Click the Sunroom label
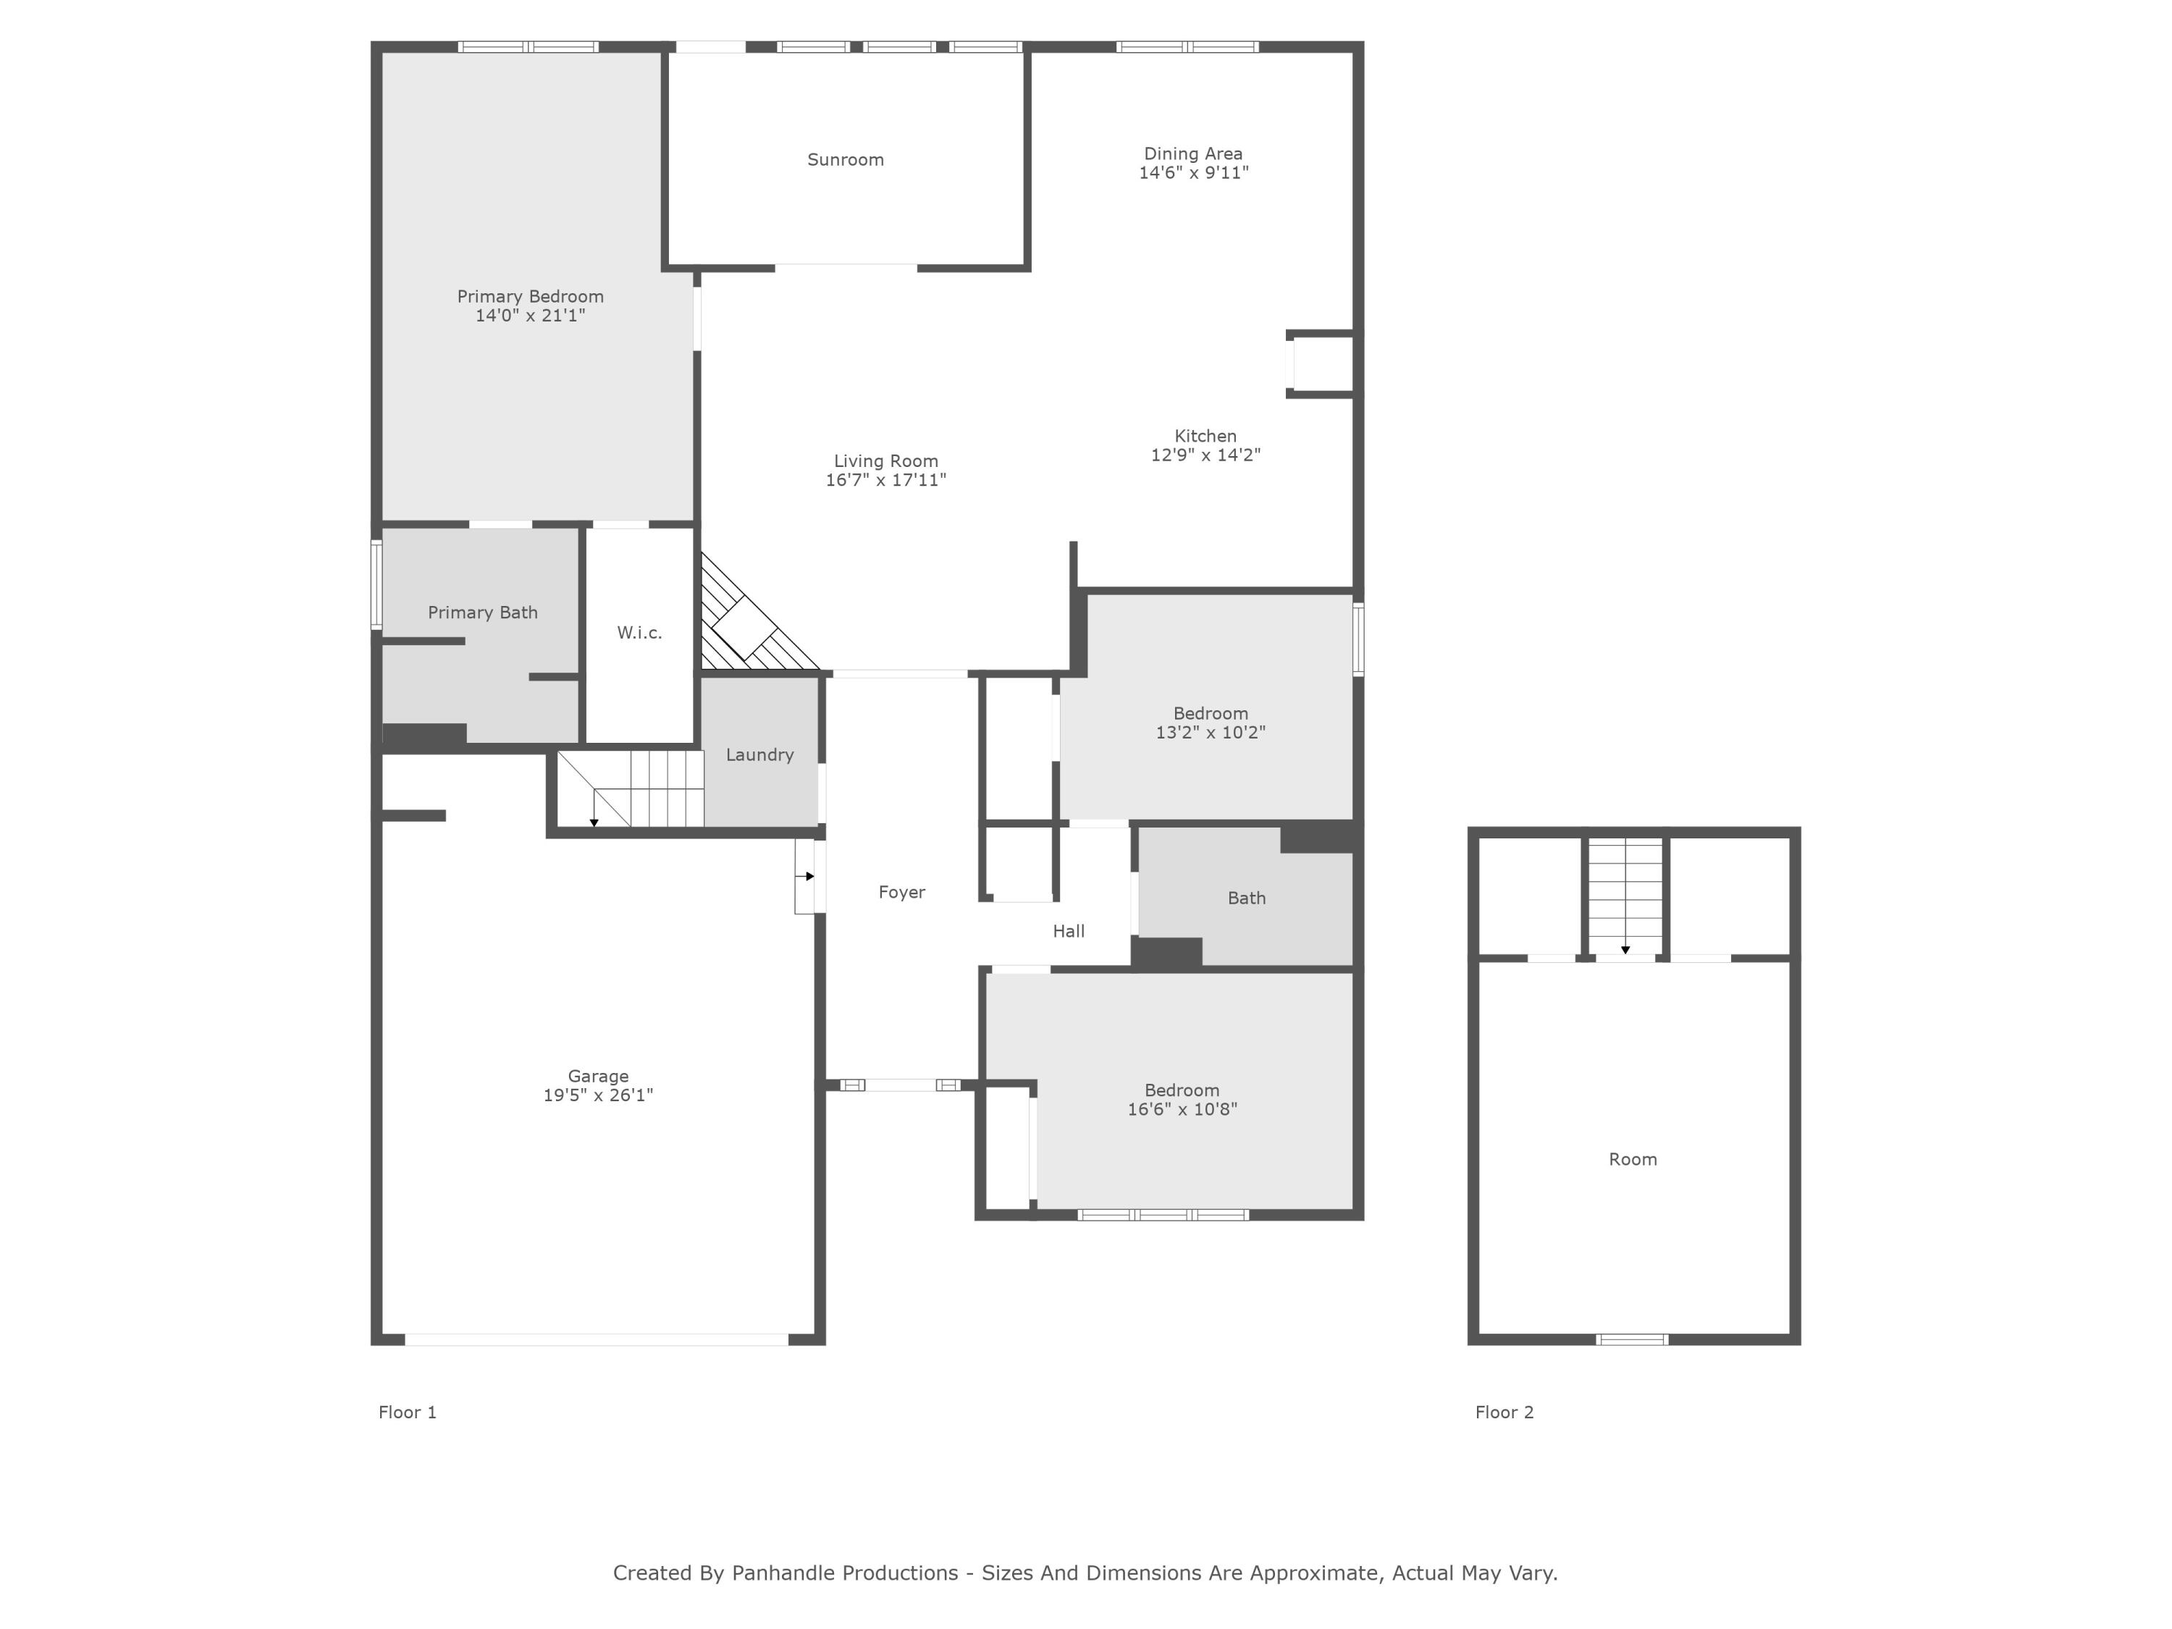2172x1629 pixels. click(846, 160)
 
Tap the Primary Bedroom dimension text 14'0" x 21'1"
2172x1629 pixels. click(530, 315)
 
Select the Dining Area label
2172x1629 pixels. click(1193, 154)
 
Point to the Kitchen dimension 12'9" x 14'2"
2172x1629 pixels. click(1205, 455)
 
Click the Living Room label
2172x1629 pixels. click(885, 460)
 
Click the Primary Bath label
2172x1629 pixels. click(482, 613)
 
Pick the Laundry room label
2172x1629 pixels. click(759, 754)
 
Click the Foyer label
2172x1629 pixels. click(901, 891)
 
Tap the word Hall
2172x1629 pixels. click(1069, 931)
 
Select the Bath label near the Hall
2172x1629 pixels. click(1246, 898)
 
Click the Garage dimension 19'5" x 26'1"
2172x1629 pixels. click(598, 1095)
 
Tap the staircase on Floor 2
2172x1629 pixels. click(1625, 893)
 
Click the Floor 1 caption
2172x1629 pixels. click(408, 1412)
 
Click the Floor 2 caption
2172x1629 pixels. click(1503, 1412)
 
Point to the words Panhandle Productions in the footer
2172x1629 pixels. click(844, 1573)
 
